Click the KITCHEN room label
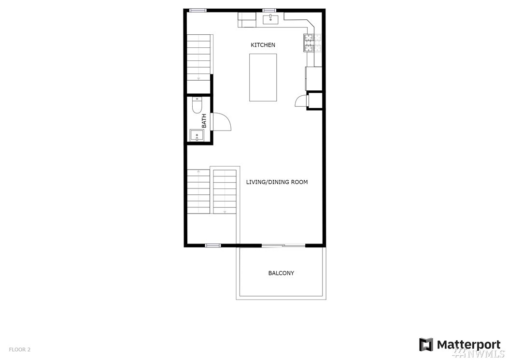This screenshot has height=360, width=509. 263,45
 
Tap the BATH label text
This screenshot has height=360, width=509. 204,120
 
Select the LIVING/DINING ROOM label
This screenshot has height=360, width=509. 277,182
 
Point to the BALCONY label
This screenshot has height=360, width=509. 281,273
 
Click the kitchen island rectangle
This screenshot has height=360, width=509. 263,77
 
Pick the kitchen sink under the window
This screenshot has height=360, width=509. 270,19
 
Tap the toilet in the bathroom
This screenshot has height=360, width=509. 197,105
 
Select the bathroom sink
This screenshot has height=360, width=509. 197,135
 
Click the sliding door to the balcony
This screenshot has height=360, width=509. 283,245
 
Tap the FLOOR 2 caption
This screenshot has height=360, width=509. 19,349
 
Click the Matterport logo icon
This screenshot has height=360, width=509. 426,345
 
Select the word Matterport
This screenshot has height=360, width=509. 469,345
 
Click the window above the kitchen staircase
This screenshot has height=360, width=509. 198,11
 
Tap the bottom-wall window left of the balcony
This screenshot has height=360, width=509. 213,245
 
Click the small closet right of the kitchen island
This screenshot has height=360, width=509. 314,101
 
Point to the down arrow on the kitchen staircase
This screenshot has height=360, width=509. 198,78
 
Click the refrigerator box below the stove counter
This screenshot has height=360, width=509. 313,79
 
